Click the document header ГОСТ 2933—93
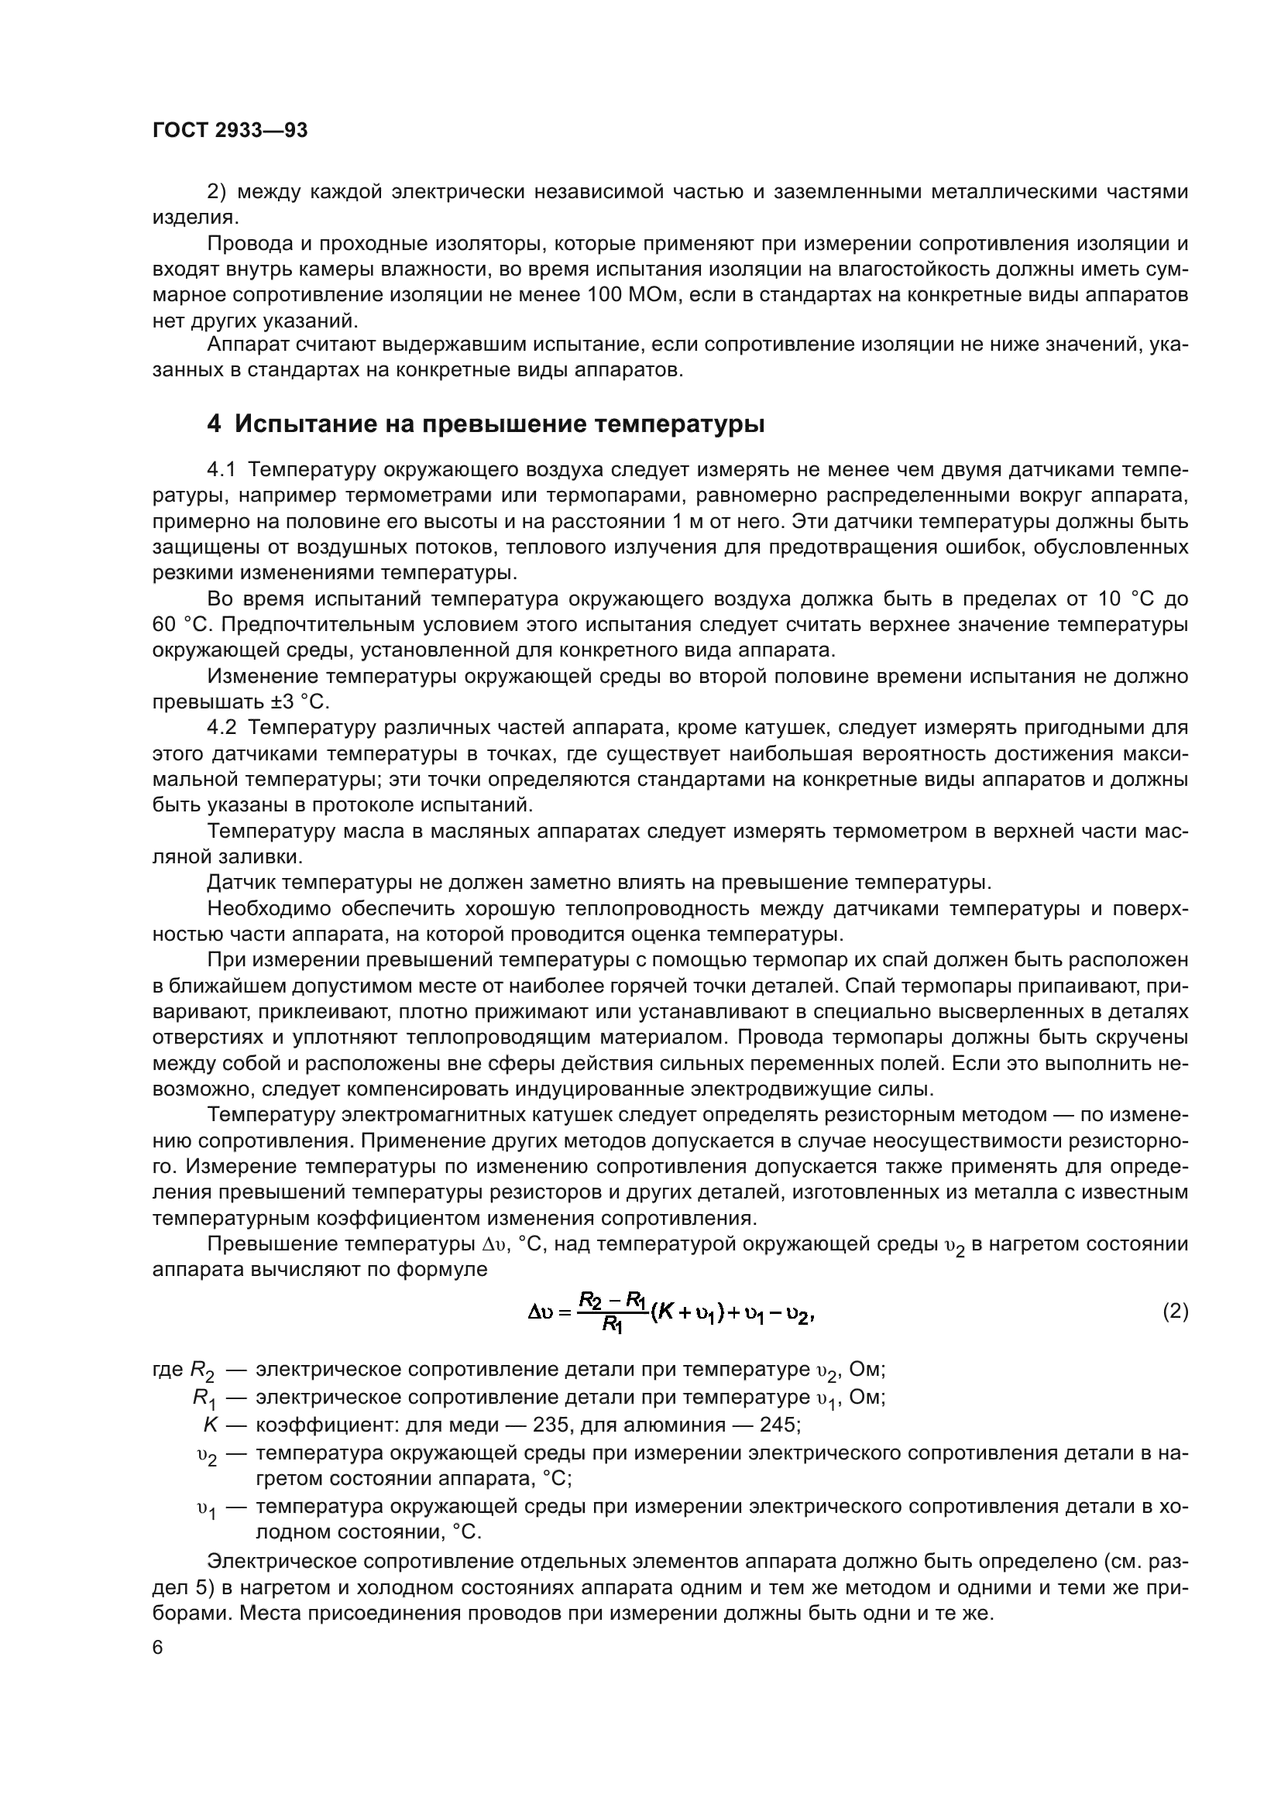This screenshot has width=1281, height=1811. coord(229,131)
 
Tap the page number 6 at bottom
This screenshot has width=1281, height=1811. coord(158,1648)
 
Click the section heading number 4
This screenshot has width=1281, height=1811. coord(214,424)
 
